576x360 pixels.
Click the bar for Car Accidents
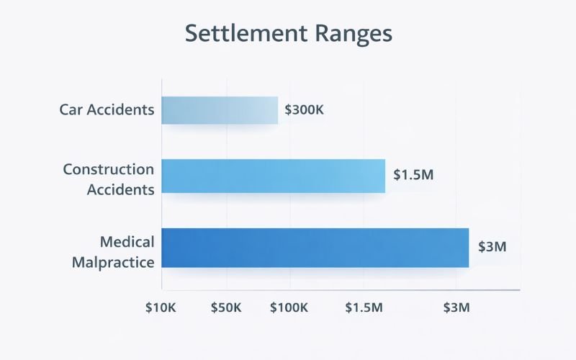(220, 110)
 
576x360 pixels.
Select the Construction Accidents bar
(273, 176)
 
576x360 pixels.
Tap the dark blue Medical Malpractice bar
(315, 248)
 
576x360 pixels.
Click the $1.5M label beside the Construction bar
(413, 175)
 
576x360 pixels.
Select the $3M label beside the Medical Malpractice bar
(493, 246)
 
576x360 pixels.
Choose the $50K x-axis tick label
(226, 308)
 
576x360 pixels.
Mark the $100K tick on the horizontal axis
(289, 308)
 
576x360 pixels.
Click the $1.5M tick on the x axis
(364, 308)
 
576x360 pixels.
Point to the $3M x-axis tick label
(456, 308)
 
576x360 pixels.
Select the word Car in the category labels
(73, 110)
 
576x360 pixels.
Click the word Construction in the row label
(109, 169)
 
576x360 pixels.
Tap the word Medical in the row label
(127, 242)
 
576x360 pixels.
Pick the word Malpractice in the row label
(113, 261)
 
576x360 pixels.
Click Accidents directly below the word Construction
(121, 190)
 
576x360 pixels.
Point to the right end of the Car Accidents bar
(276, 110)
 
